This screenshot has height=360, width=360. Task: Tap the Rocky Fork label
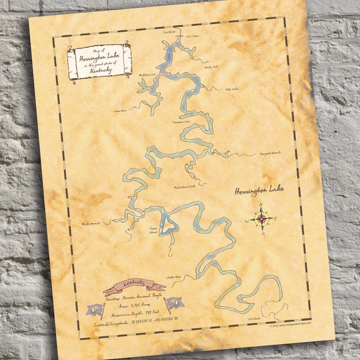[211, 67]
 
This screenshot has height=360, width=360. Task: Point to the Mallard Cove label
[148, 75]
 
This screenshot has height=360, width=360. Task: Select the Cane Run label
[120, 111]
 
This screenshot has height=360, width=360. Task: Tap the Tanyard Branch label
[269, 153]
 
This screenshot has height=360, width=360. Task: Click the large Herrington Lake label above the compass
[259, 190]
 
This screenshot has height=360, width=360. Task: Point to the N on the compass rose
[262, 205]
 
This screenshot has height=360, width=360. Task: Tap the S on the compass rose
[263, 235]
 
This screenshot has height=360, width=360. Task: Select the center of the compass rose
[262, 220]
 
